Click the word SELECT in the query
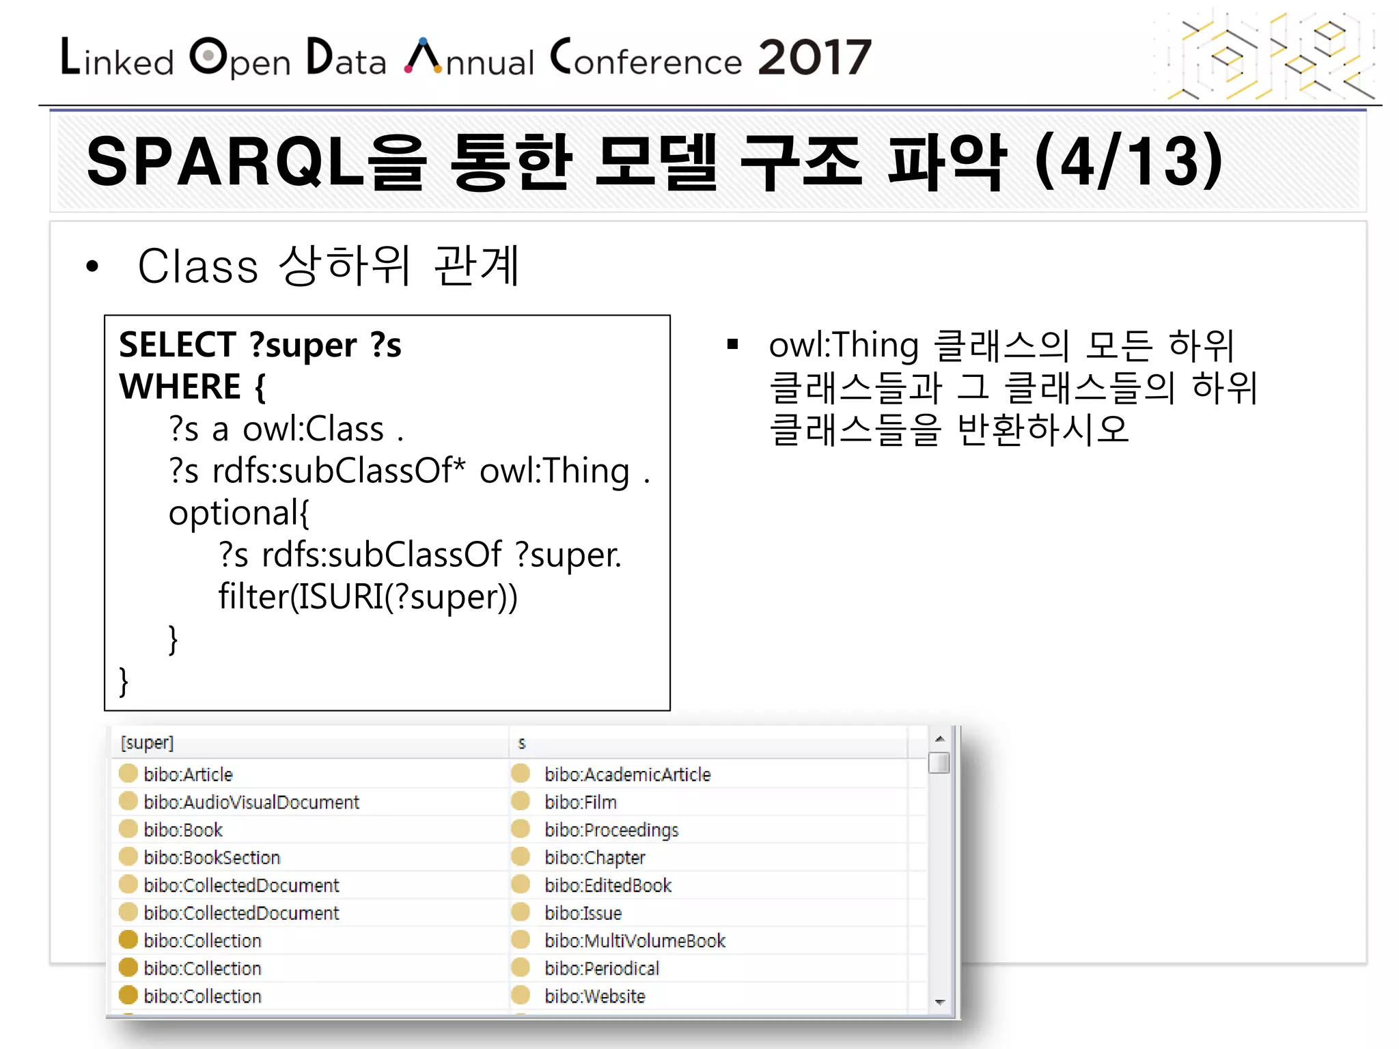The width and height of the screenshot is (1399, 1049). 178,344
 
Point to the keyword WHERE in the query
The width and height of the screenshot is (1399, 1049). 180,387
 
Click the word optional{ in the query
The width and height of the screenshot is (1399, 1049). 239,513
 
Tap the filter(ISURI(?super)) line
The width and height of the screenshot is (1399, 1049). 368,597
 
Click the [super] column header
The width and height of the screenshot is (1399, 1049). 147,742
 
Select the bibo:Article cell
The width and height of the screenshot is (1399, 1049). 188,774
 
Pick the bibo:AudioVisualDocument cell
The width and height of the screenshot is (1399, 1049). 251,802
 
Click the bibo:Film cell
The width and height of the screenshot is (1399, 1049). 580,802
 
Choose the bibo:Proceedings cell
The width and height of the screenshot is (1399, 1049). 611,830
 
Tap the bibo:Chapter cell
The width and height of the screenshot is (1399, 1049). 594,858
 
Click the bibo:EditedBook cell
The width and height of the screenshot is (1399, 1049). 608,886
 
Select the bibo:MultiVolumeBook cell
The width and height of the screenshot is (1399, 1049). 635,941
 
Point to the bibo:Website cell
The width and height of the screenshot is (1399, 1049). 594,996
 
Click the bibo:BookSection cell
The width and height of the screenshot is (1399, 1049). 212,858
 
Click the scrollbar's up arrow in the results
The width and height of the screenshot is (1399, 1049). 940,739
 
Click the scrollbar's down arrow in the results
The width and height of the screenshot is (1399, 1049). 940,1002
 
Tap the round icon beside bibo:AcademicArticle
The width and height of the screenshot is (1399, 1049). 521,773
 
